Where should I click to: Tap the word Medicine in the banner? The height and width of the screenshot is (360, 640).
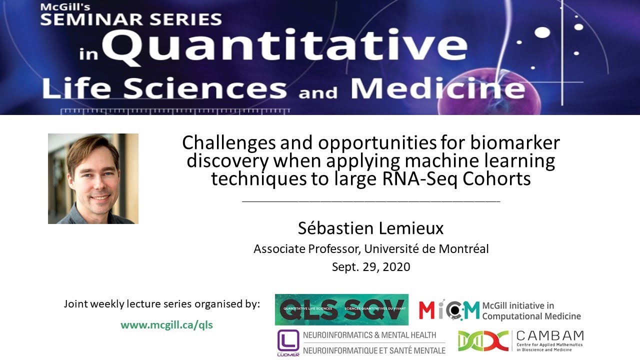coord(437,89)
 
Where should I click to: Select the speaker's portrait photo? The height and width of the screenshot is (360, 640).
coord(93,178)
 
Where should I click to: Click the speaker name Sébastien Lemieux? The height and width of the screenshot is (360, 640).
coord(370,228)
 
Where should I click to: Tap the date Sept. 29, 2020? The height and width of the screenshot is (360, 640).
coord(370,267)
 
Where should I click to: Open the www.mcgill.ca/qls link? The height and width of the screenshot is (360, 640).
coord(166,325)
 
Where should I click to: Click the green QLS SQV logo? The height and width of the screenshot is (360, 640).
coord(341,309)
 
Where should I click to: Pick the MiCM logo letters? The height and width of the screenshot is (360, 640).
coord(449,310)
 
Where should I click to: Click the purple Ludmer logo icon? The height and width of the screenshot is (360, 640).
coord(288,342)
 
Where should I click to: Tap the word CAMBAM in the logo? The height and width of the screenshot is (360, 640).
coord(549,335)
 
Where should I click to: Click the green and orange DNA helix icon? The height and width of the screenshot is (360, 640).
coord(483,341)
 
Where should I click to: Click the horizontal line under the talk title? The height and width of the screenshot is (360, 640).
coord(370,201)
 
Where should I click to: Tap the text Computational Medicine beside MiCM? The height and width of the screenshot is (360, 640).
coord(531,316)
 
